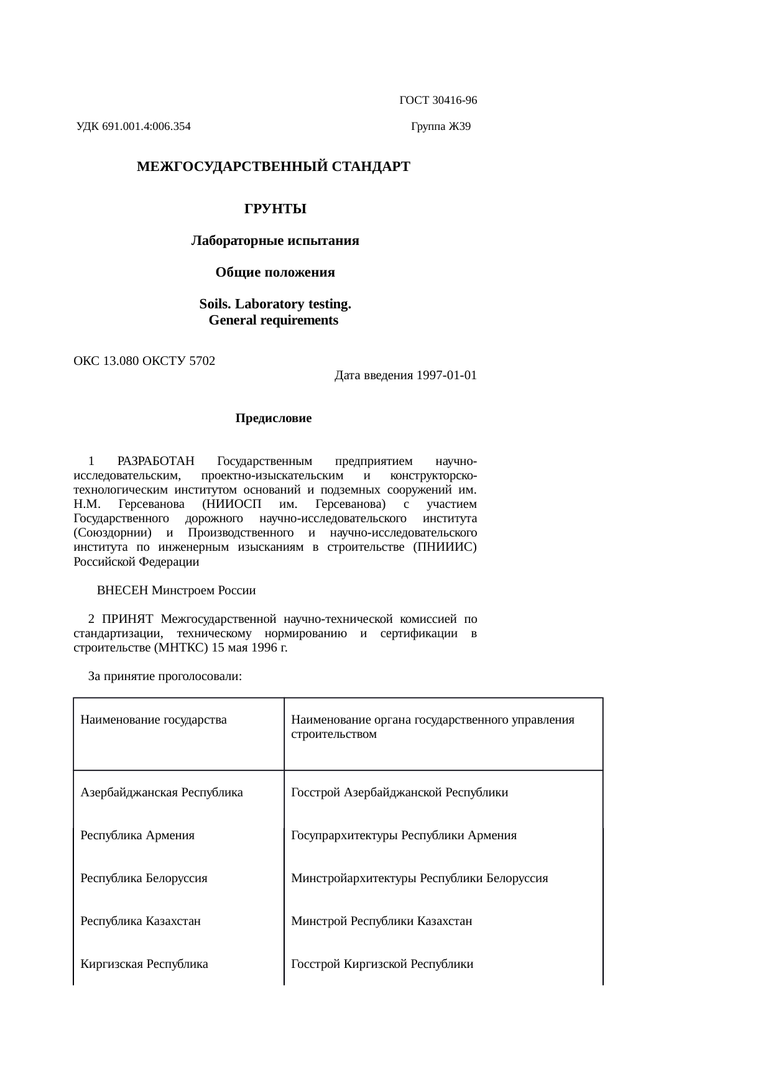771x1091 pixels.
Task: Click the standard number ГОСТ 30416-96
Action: [x=438, y=100]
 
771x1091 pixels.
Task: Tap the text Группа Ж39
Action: [x=441, y=127]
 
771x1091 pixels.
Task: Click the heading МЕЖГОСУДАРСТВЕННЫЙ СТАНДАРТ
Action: [x=274, y=167]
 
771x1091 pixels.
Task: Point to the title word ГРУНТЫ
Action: [x=275, y=209]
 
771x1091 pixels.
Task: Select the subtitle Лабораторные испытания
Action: [x=275, y=241]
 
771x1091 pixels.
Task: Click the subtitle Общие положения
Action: [x=275, y=273]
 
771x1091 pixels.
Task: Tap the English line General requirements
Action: [x=274, y=321]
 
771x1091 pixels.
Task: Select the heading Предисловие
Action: [x=274, y=418]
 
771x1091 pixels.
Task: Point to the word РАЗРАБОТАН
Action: [x=156, y=461]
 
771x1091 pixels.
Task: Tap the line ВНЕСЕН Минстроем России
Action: [x=177, y=590]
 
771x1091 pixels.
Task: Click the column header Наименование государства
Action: [x=154, y=720]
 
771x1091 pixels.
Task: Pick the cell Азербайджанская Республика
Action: [x=162, y=793]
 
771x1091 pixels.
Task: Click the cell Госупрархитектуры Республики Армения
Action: [x=404, y=836]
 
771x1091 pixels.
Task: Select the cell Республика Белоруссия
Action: [x=144, y=878]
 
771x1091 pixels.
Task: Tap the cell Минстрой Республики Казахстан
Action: [x=382, y=921]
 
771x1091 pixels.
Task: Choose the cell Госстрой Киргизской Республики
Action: [x=382, y=964]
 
